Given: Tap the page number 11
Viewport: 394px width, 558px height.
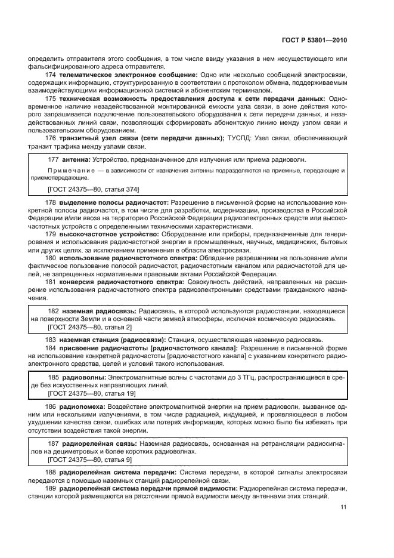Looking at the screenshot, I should [x=343, y=507].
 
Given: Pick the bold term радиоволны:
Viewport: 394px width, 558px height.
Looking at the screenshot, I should [x=83, y=377].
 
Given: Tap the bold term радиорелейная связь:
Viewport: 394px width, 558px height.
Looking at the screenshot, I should [x=98, y=443].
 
